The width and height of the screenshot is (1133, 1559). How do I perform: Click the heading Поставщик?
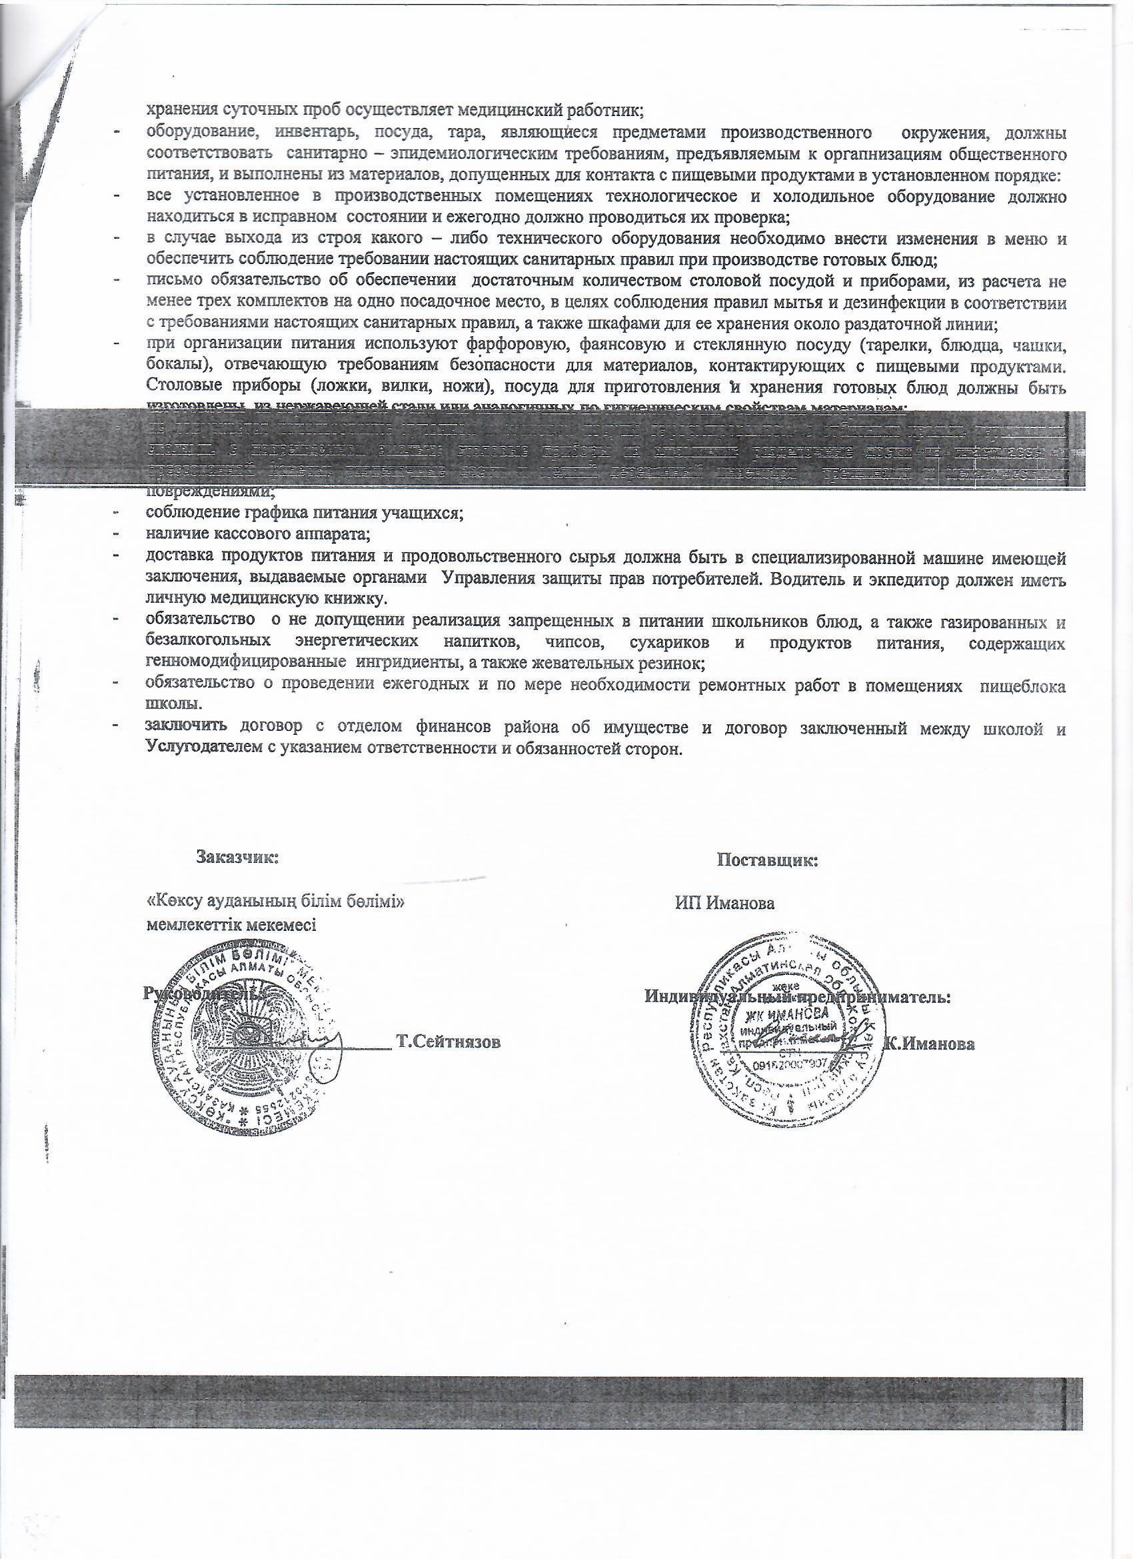click(x=767, y=860)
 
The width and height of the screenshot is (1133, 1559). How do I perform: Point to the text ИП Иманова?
click(x=725, y=904)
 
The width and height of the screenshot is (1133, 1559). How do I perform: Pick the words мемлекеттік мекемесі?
click(x=231, y=925)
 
